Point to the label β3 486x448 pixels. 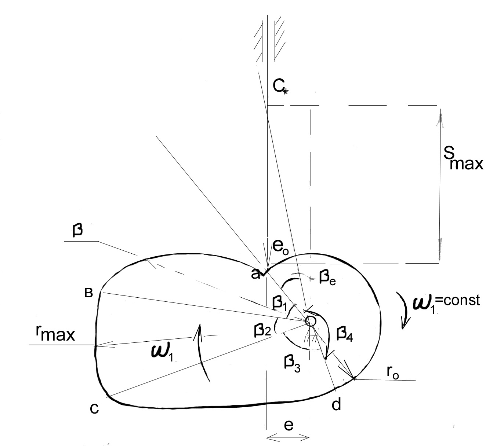[292, 363]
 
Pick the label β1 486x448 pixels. [279, 304]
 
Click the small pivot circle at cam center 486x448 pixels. [311, 321]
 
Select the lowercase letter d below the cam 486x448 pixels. [336, 404]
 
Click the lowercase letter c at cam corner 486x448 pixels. [94, 408]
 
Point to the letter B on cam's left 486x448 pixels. [88, 293]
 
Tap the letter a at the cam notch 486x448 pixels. [255, 275]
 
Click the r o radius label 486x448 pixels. [393, 372]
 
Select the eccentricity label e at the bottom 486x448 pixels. [289, 426]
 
